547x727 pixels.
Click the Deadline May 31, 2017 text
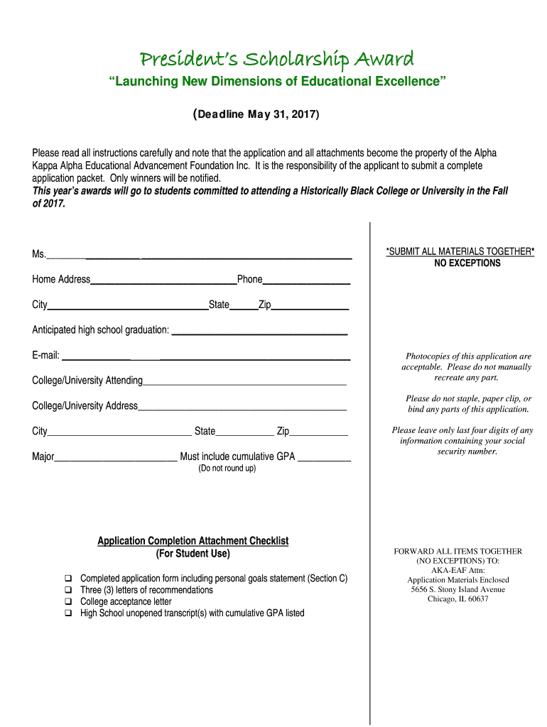256,114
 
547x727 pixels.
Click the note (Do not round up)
227,469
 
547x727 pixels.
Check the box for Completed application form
69,579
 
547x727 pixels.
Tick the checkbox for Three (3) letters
69,590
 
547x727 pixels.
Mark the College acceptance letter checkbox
69,601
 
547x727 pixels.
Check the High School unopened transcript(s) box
69,613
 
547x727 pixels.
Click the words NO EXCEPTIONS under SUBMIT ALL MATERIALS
467,263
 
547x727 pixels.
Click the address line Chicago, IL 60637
457,598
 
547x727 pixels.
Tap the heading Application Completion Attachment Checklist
193,541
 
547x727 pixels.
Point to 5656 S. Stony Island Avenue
457,589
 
